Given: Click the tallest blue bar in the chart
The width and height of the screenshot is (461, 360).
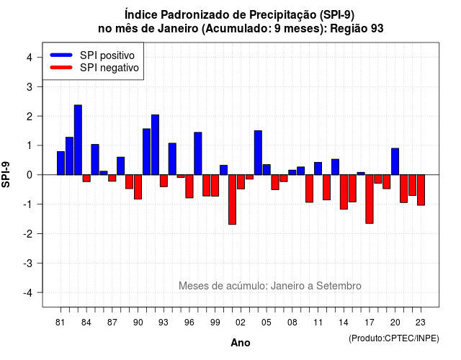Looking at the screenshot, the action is coord(78,140).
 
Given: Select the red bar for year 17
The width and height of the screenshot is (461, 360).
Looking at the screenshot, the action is coord(370,199).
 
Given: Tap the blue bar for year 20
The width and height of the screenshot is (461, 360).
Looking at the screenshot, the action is coord(395,161).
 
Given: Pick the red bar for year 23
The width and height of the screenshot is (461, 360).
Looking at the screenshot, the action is coord(421,190).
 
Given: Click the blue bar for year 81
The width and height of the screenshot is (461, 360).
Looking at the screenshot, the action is coord(61,163).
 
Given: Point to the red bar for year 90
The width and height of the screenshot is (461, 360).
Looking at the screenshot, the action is coord(138,187).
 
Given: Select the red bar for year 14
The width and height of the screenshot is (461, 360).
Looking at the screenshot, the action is coord(344,192).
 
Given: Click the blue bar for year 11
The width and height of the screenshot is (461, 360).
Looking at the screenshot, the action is coord(318,168).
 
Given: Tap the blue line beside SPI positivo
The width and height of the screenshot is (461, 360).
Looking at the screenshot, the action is coord(61,55).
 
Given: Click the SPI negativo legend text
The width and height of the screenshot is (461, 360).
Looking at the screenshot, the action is coord(109,68).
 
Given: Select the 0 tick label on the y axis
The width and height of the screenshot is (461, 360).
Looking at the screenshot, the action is coord(30,175).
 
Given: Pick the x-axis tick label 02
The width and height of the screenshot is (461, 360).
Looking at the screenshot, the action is coord(241,323).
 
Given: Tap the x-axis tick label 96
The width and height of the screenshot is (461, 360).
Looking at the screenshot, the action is coord(189,323).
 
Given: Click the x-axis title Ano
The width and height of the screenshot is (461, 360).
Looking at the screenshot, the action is coord(241,343).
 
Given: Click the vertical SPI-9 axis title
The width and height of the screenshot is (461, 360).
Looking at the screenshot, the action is coord(6,174).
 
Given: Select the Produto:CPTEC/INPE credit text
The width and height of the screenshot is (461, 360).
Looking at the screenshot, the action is coord(394,338).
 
